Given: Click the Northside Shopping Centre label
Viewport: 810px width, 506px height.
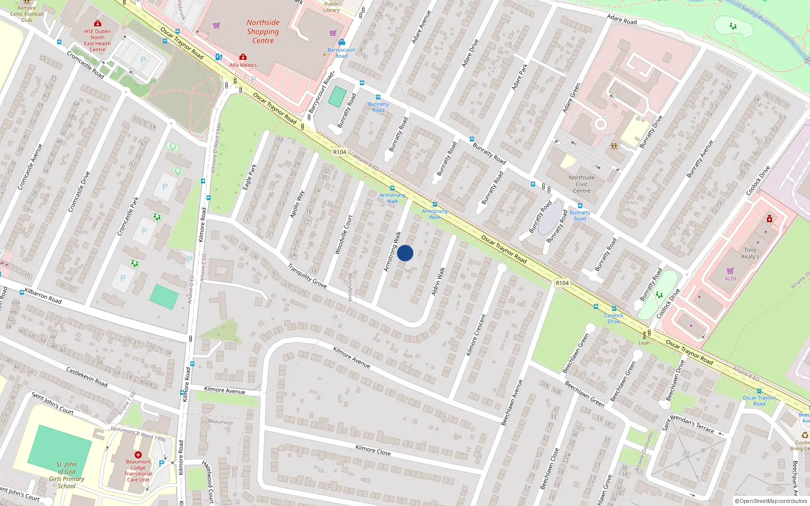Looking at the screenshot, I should pyautogui.click(x=263, y=31).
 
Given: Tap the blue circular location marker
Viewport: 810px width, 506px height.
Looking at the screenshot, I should pyautogui.click(x=405, y=253).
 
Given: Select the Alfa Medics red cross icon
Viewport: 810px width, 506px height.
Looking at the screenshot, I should pyautogui.click(x=243, y=57).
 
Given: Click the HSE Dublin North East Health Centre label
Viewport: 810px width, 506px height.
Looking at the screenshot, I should pyautogui.click(x=97, y=40).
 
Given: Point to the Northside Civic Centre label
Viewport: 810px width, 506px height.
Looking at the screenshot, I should pyautogui.click(x=582, y=184).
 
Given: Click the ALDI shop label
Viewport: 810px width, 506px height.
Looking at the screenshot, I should pyautogui.click(x=730, y=279).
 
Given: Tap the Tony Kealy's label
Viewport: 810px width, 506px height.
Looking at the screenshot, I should pyautogui.click(x=750, y=253).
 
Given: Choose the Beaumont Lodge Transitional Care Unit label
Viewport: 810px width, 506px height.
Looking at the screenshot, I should pyautogui.click(x=138, y=471).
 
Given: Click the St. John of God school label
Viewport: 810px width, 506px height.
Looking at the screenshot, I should pyautogui.click(x=67, y=475).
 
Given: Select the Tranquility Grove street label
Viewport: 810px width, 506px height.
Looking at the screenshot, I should pyautogui.click(x=307, y=276).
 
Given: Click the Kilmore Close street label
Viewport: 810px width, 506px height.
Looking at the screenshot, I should pyautogui.click(x=373, y=450).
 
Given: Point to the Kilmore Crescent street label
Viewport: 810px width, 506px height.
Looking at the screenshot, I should pyautogui.click(x=476, y=334).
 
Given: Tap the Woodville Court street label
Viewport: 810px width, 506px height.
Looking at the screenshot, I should pyautogui.click(x=343, y=234).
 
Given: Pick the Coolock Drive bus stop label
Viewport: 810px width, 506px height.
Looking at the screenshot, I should pyautogui.click(x=614, y=318).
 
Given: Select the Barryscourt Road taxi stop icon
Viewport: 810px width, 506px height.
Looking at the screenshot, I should pyautogui.click(x=342, y=43).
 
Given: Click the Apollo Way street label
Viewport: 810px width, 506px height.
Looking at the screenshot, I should pyautogui.click(x=297, y=204).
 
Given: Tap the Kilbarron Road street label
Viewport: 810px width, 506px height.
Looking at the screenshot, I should pyautogui.click(x=43, y=296).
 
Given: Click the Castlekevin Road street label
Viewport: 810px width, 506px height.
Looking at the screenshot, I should pyautogui.click(x=87, y=377).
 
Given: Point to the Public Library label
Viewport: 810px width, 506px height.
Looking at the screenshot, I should pyautogui.click(x=332, y=7).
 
